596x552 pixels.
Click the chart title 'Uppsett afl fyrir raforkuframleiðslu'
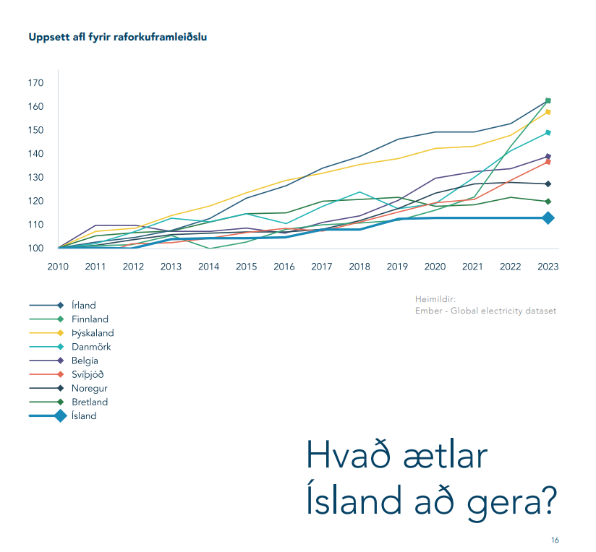pyautogui.click(x=117, y=36)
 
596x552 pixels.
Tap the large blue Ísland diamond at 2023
pyautogui.click(x=548, y=217)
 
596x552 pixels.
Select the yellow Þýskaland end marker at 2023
pyautogui.click(x=548, y=112)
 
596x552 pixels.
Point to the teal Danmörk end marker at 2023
pyautogui.click(x=548, y=133)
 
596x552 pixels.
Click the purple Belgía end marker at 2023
pyautogui.click(x=548, y=156)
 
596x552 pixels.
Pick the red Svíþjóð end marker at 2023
pyautogui.click(x=548, y=162)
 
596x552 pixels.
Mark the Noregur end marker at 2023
pyautogui.click(x=548, y=184)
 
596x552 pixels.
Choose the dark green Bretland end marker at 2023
pyautogui.click(x=548, y=202)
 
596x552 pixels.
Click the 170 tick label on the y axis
pyautogui.click(x=36, y=83)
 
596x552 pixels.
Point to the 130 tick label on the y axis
pyautogui.click(x=36, y=178)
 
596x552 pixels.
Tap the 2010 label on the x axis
pyautogui.click(x=58, y=267)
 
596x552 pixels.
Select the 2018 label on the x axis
pyautogui.click(x=359, y=267)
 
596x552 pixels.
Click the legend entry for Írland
pyautogui.click(x=84, y=306)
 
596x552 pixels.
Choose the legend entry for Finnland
pyautogui.click(x=90, y=319)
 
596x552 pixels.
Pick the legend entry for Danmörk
pyautogui.click(x=91, y=347)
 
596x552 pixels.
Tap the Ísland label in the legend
pyautogui.click(x=84, y=416)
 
